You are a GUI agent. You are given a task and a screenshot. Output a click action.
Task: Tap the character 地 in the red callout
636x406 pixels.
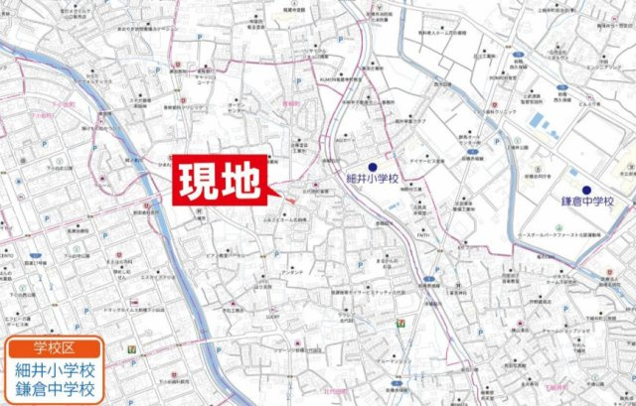pos(242,181)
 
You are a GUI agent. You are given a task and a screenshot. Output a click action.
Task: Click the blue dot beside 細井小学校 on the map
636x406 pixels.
pos(372,167)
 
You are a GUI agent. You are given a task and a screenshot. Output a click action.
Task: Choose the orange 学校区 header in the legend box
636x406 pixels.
pos(55,347)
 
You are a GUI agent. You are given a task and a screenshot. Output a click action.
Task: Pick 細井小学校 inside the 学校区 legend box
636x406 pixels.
pos(56,369)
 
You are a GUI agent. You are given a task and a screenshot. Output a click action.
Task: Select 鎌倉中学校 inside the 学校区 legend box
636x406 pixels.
pos(56,390)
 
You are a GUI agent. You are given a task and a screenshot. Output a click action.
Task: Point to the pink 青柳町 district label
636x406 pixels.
pos(291,101)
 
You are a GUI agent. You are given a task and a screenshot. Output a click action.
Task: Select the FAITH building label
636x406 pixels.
pos(424,236)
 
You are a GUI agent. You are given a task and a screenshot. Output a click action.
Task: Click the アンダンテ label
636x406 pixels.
pos(293,271)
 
